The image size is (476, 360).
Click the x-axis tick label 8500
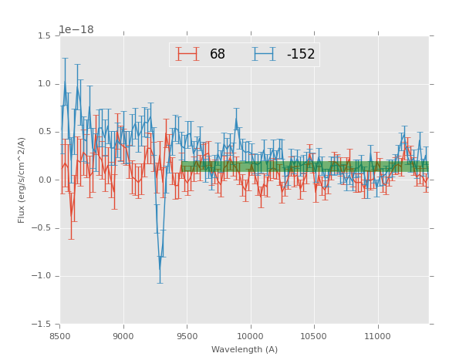click(60, 336)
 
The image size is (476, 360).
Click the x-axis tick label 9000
click(123, 336)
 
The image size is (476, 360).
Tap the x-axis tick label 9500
click(187, 336)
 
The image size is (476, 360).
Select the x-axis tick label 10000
click(251, 336)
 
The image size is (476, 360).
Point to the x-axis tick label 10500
click(314, 336)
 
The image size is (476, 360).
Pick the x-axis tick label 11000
click(377, 336)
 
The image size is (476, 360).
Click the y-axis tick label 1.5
click(44, 36)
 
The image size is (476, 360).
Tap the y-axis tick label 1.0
click(44, 84)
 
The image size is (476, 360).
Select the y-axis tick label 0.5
click(44, 132)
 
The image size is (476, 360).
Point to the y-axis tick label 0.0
click(44, 180)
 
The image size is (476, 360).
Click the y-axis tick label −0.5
click(42, 228)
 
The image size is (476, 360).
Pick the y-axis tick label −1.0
click(42, 276)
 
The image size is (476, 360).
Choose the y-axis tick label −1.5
click(42, 325)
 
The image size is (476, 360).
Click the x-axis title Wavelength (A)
click(245, 350)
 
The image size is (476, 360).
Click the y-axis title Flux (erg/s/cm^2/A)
click(22, 180)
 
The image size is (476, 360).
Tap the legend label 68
click(218, 55)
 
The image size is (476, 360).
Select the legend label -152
click(301, 55)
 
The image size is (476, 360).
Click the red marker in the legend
click(187, 54)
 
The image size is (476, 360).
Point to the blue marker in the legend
click(265, 54)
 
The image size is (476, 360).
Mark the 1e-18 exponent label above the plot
click(76, 30)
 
